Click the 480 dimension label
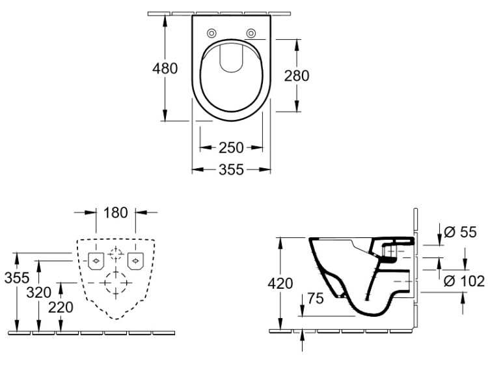pyautogui.click(x=165, y=68)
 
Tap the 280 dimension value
pyautogui.click(x=297, y=76)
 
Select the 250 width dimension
pyautogui.click(x=231, y=147)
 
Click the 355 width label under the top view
pyautogui.click(x=231, y=169)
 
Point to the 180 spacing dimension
pyautogui.click(x=115, y=213)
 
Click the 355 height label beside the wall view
pyautogui.click(x=17, y=278)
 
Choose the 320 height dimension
pyautogui.click(x=39, y=293)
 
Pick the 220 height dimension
pyautogui.click(x=61, y=308)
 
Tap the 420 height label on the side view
pyautogui.click(x=280, y=284)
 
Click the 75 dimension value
pyautogui.click(x=316, y=299)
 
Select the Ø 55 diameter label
pyautogui.click(x=460, y=232)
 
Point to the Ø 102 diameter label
pyautogui.click(x=464, y=281)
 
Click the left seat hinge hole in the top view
pyautogui.click(x=211, y=33)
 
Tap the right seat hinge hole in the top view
pyautogui.click(x=251, y=33)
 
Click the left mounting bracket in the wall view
pyautogui.click(x=96, y=261)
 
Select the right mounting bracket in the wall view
pyautogui.click(x=135, y=261)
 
